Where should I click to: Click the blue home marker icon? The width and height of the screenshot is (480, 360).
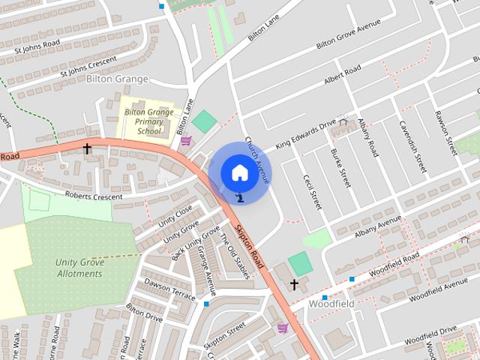(239, 173)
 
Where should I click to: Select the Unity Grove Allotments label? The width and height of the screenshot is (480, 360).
(79, 268)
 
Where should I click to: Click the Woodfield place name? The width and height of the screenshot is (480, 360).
(331, 304)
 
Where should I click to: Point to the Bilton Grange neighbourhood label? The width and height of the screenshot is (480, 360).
(117, 79)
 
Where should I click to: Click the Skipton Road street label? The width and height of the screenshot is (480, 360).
(250, 248)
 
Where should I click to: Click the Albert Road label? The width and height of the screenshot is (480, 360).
(342, 76)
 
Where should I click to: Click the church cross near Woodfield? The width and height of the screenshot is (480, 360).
(294, 284)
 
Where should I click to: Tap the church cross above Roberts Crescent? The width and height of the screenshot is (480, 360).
(87, 149)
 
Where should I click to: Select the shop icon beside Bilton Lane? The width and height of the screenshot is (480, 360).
(185, 140)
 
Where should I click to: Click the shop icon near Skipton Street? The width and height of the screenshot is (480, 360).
(282, 328)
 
